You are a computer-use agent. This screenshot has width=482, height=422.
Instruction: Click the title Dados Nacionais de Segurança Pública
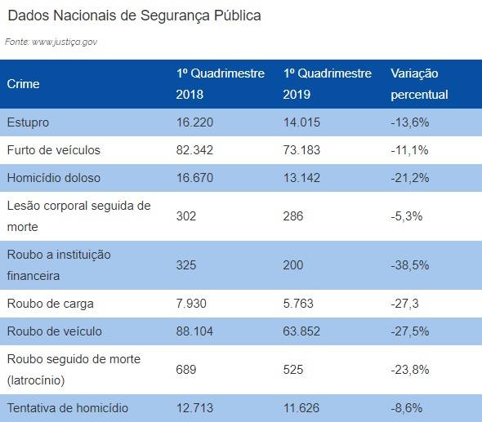134,16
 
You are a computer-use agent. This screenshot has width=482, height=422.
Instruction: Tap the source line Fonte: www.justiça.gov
51,42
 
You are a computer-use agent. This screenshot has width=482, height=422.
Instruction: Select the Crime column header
24,84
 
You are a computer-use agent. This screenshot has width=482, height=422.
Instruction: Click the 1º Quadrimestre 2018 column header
220,84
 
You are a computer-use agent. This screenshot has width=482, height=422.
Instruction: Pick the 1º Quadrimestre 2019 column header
328,84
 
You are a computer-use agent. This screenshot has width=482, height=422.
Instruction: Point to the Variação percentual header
419,84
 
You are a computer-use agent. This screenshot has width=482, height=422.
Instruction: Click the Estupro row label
28,123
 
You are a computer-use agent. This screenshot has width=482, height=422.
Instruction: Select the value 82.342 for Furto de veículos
194,150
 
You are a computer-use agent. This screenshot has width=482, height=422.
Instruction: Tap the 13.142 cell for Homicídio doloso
301,178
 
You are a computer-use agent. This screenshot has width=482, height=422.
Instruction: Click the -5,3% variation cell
406,216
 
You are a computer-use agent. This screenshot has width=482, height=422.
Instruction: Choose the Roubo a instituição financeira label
59,265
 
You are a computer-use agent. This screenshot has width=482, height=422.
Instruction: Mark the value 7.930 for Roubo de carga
191,304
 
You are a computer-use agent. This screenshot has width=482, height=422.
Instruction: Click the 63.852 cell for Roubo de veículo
301,331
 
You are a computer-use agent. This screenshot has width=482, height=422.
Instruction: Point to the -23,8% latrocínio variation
410,370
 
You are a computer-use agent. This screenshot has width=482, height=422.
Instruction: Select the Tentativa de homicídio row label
68,408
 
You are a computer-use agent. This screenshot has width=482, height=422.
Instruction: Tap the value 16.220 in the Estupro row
194,122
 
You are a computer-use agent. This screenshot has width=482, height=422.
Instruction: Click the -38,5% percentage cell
410,265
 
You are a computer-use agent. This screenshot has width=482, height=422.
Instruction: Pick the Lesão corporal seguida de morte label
78,216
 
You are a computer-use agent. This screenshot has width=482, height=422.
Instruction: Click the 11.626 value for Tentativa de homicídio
301,408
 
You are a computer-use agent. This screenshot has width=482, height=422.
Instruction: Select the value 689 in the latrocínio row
186,370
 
